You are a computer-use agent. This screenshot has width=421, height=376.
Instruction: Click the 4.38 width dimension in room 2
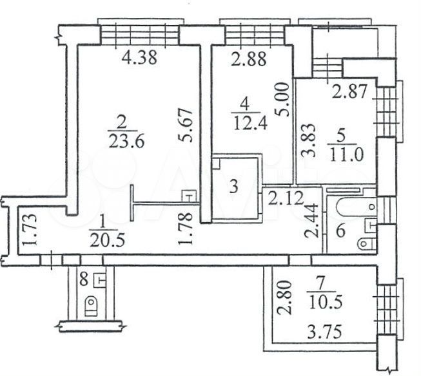coord(139,58)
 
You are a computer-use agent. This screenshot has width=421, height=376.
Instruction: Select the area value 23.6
coord(127,141)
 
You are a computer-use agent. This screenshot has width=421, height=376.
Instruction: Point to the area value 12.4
coord(250,124)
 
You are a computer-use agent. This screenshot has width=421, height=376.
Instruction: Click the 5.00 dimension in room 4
coord(283,100)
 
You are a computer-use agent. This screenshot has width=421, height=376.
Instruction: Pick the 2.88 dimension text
coord(249,59)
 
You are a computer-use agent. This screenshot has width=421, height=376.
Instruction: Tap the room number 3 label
coord(234,187)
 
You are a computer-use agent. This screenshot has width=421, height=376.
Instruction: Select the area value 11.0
coord(346,155)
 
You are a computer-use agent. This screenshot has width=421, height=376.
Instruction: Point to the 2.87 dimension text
coord(349,91)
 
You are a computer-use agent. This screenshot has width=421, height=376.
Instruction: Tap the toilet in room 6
coord(367,244)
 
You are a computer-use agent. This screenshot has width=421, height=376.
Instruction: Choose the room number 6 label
coord(340,230)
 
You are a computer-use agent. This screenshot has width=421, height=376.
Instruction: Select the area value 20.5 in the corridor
coord(108,241)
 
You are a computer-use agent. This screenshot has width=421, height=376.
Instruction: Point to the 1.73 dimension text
coord(29,230)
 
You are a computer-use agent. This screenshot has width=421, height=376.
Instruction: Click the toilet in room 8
coord(92,306)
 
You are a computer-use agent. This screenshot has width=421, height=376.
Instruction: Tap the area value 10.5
coord(326,303)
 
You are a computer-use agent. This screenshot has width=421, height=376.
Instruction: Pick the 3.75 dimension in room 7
coord(325,332)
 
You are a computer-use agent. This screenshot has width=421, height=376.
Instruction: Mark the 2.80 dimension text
coord(284,297)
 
